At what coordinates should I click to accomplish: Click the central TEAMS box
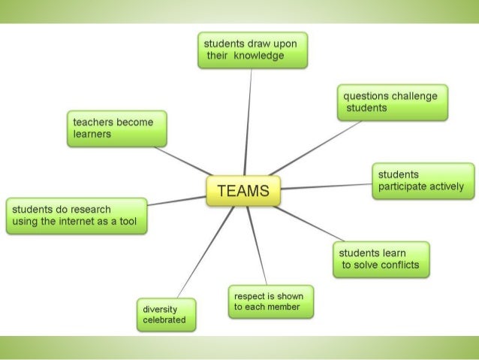point(243,191)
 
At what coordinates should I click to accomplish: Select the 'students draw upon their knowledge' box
point(252,50)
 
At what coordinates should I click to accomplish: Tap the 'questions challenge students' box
point(393,101)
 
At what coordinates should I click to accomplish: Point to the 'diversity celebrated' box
point(165,315)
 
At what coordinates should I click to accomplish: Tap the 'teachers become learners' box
point(117,128)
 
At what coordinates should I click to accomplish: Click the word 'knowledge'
point(258,57)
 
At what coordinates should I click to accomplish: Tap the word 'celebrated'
point(164,321)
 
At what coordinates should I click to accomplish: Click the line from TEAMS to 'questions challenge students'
point(315,147)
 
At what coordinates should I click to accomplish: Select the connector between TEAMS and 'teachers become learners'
point(184,161)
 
